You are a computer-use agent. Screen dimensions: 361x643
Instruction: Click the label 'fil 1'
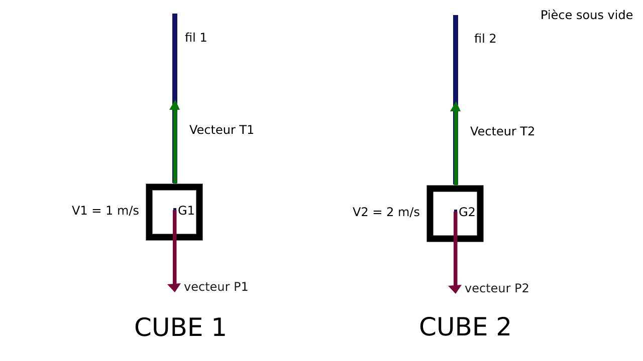point(196,38)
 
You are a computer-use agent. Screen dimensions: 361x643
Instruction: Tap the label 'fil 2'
point(485,39)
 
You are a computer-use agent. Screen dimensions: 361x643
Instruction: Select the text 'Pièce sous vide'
point(586,16)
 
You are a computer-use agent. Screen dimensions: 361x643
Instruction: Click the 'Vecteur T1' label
point(222,130)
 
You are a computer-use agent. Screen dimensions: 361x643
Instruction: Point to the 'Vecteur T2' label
point(502,131)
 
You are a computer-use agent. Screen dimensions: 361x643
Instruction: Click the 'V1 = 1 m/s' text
point(105,211)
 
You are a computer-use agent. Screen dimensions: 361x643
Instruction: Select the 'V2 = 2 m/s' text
point(386,212)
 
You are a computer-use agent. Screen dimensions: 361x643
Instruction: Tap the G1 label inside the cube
point(186,211)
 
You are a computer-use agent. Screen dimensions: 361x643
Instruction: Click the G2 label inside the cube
point(467,212)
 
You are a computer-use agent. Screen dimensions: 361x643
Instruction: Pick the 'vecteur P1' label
point(216,287)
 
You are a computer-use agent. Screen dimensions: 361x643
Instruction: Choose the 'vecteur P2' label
point(497,288)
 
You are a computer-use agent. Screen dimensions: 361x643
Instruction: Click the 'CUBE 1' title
point(180,327)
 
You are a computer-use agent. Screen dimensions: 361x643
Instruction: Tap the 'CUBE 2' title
point(465,327)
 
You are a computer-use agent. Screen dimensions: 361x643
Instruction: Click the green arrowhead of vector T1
point(175,105)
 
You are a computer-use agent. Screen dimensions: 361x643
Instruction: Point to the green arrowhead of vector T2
point(456,107)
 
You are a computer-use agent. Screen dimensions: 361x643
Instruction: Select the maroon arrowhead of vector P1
point(174,287)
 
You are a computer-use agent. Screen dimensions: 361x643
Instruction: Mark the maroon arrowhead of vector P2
point(455,289)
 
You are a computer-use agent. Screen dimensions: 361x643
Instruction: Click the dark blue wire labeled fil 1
point(175,55)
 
